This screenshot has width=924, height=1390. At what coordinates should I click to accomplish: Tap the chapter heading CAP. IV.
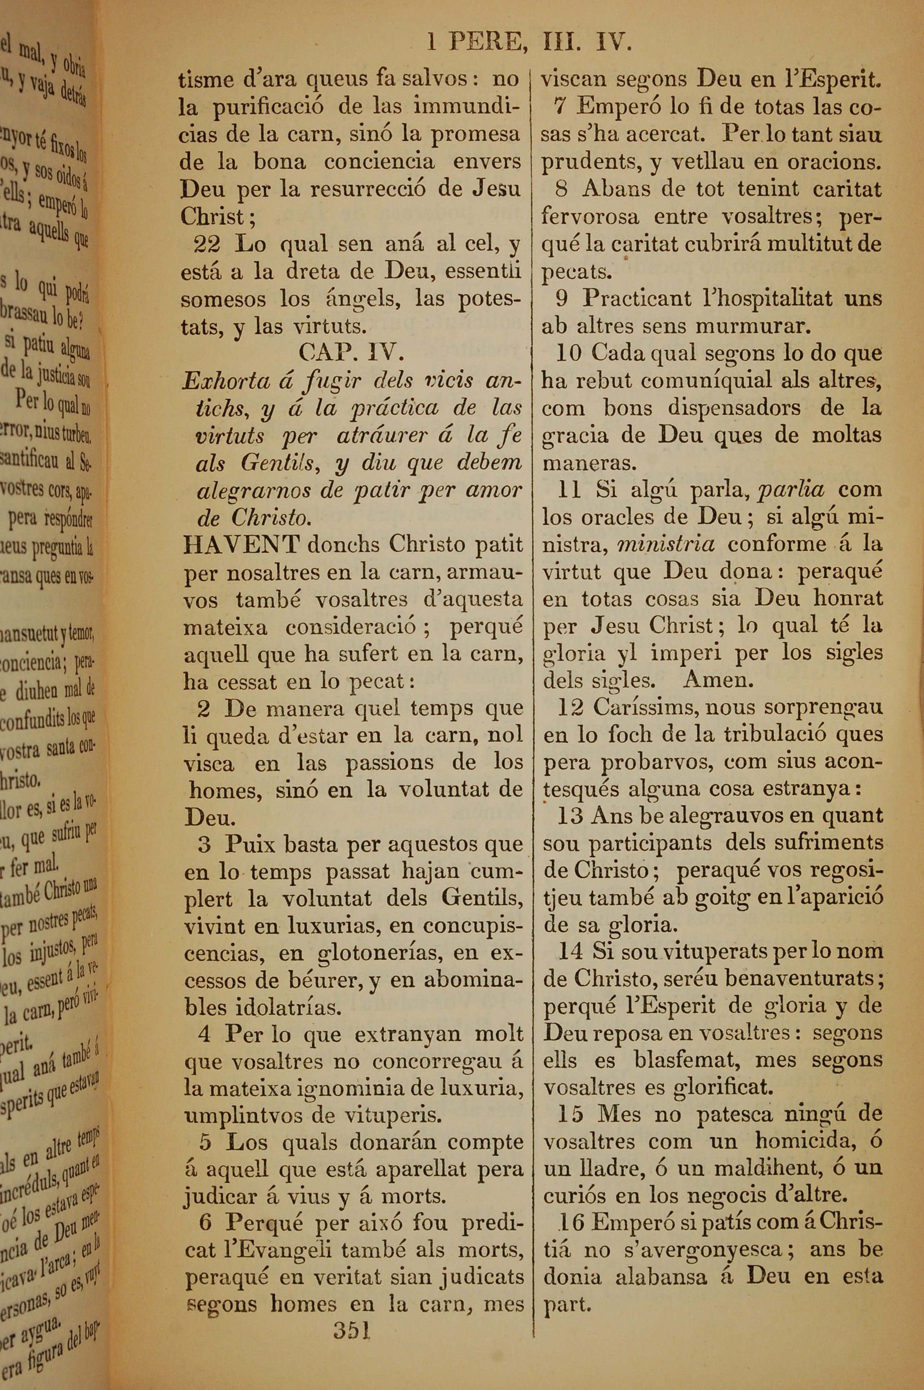351,353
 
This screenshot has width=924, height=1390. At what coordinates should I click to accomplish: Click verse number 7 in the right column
560,107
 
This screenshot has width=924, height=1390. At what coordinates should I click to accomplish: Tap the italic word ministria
665,544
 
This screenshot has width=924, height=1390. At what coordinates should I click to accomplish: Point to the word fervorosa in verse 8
590,217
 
